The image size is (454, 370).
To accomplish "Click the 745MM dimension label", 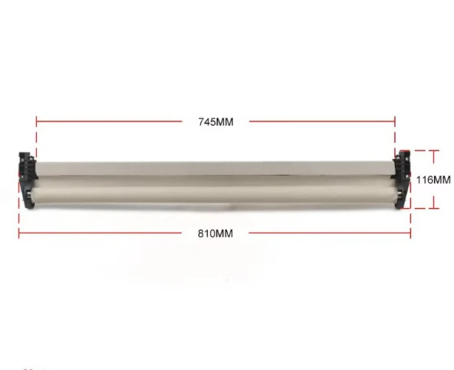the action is (215, 122).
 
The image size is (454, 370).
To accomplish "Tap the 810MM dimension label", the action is (215, 233).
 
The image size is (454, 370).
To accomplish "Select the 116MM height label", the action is (433, 180).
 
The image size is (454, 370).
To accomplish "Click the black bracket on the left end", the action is (28, 180).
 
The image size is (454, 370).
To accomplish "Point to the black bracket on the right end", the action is (402, 179).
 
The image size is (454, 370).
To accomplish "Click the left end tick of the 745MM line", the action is (37, 121).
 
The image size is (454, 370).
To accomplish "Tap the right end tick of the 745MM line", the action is (395, 121).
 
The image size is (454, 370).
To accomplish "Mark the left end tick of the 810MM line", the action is (19, 233).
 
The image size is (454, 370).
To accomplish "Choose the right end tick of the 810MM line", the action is (410, 233).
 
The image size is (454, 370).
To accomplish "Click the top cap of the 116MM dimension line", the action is (434, 150).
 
